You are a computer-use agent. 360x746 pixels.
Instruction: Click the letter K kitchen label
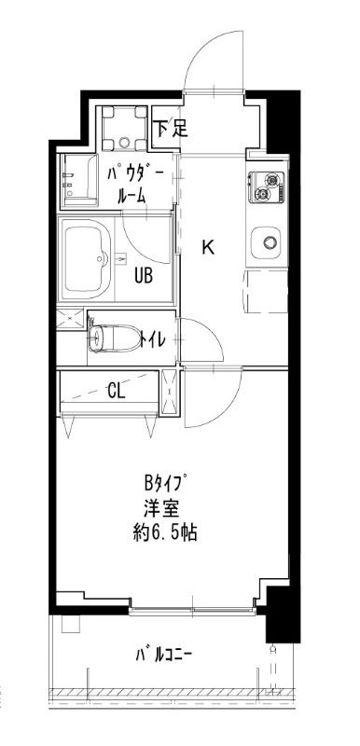210,247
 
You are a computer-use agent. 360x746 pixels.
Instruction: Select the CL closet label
116,390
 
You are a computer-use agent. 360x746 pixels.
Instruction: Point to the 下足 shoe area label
171,128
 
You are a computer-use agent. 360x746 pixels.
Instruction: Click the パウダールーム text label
130,184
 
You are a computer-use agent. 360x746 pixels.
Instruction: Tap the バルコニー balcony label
163,654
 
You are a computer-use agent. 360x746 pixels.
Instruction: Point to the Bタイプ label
164,485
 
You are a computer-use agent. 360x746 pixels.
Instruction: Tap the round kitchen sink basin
269,243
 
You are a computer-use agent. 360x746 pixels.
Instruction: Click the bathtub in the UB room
86,258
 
